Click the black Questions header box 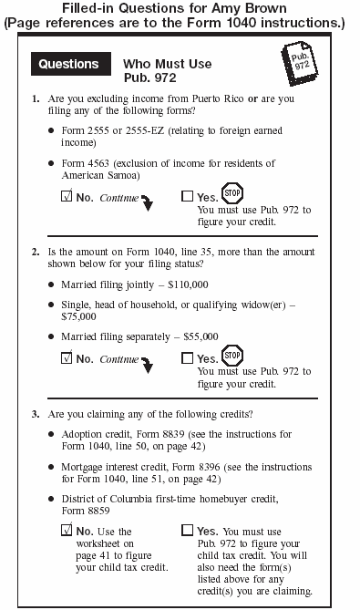click(68, 65)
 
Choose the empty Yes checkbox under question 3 click(187, 530)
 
